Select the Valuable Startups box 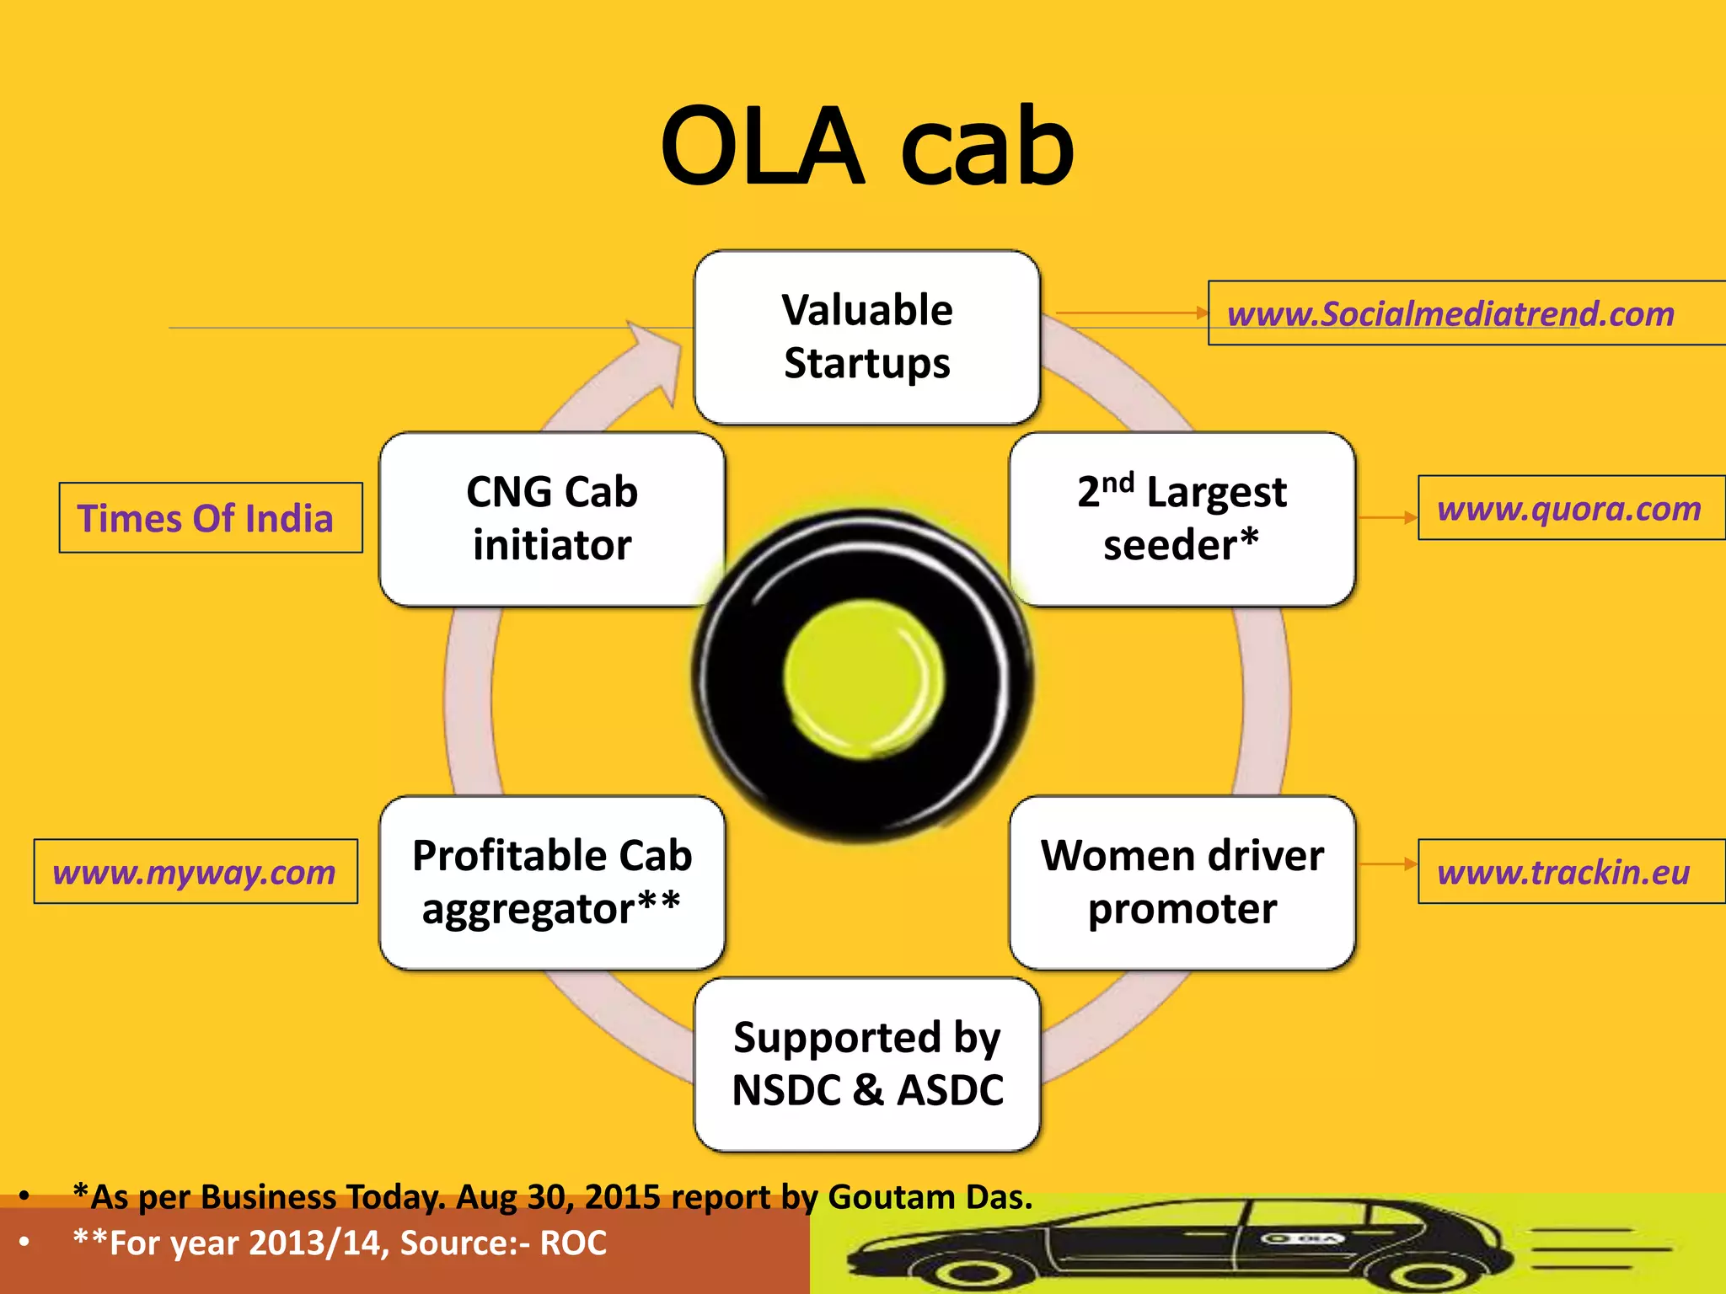click(866, 337)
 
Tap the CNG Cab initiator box click(552, 519)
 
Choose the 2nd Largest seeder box click(1182, 519)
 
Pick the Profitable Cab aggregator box click(552, 882)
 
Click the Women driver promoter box click(1182, 882)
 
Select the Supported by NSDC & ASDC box click(866, 1064)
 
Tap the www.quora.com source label click(1569, 509)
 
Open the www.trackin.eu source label click(1564, 872)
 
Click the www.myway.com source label click(195, 872)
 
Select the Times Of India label click(206, 518)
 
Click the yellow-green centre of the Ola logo click(863, 677)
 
